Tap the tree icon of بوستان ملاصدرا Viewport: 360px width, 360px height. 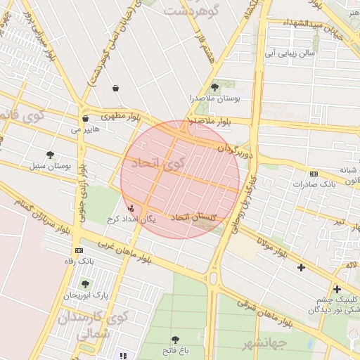point(214,87)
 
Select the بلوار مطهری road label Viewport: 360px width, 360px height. point(123,115)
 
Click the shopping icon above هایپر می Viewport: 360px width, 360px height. point(85,119)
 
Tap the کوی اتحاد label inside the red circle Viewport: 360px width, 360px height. point(162,165)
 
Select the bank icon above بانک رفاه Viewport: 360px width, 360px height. point(79,250)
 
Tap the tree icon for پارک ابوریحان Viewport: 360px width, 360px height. point(86,284)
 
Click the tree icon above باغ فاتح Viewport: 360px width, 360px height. point(175,340)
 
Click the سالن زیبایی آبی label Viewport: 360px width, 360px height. point(290,53)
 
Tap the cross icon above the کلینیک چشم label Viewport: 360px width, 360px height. point(337,289)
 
